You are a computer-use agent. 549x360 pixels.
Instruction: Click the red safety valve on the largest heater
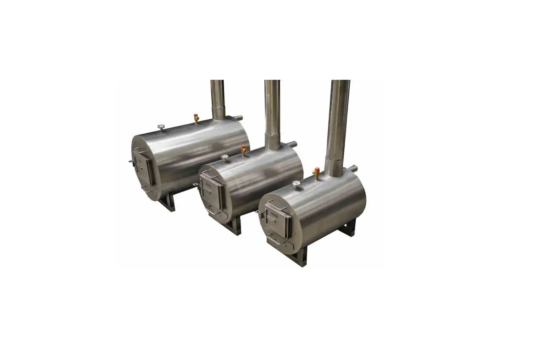click(196, 118)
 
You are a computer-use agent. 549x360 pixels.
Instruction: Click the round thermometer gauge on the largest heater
click(161, 127)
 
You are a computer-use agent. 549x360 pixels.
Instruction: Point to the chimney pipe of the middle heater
click(271, 112)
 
